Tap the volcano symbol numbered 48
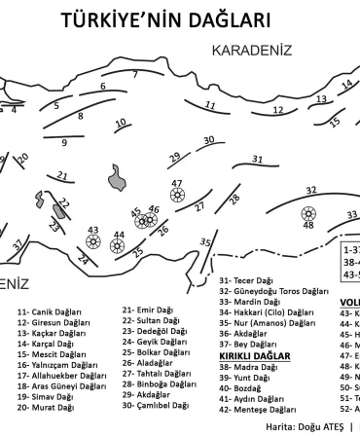[x=309, y=213]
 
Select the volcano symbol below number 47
[x=177, y=196]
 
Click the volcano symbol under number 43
[x=93, y=243]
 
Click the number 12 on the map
[x=277, y=110]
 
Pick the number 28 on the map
[x=234, y=199]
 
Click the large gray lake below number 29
[x=121, y=178]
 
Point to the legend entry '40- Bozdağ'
[x=241, y=388]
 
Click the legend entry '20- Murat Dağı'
[x=45, y=409]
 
